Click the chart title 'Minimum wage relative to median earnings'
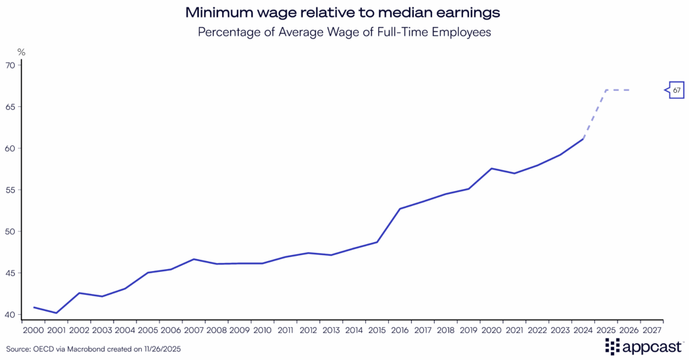point(344,12)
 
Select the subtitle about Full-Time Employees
point(344,32)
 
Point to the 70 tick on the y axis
point(10,65)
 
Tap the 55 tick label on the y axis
point(10,190)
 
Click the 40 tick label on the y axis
point(10,314)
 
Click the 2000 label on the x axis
point(34,330)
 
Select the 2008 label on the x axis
point(217,330)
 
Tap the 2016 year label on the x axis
point(400,330)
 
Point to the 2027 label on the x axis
point(651,330)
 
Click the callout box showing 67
point(676,90)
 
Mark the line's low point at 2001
point(57,313)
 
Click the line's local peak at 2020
point(492,168)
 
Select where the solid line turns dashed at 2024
point(583,139)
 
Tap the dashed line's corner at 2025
point(606,90)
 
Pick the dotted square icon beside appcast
point(612,347)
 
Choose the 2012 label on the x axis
point(308,330)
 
